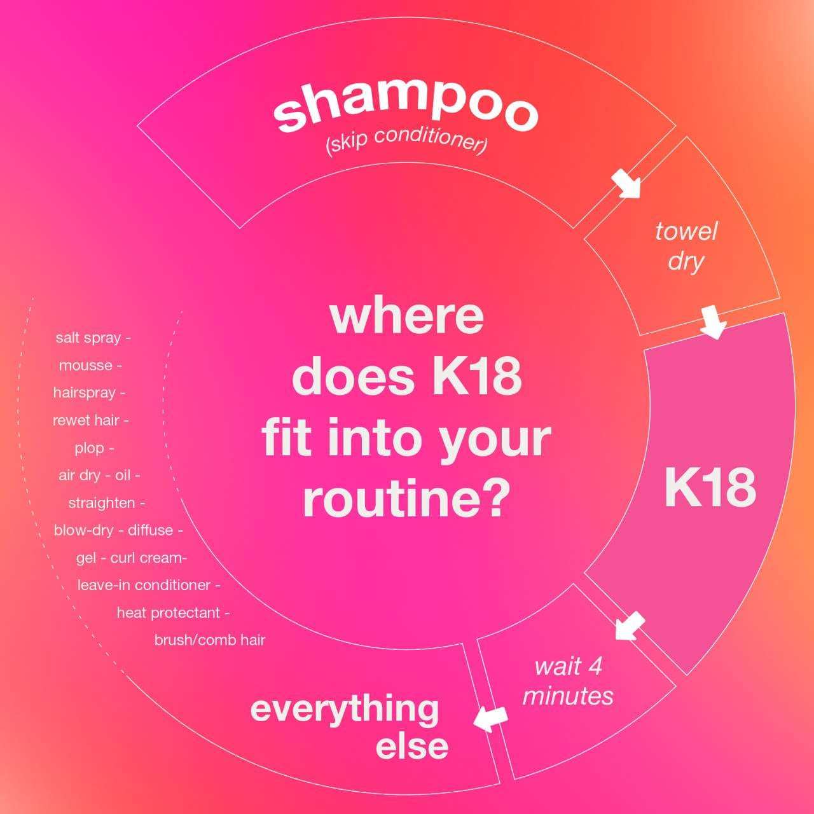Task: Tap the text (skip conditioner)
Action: pyautogui.click(x=406, y=142)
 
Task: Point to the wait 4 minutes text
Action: pyautogui.click(x=568, y=681)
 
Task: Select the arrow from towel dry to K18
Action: pyautogui.click(x=714, y=322)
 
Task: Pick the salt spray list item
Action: pyautogui.click(x=93, y=338)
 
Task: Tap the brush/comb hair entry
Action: pyautogui.click(x=209, y=640)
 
